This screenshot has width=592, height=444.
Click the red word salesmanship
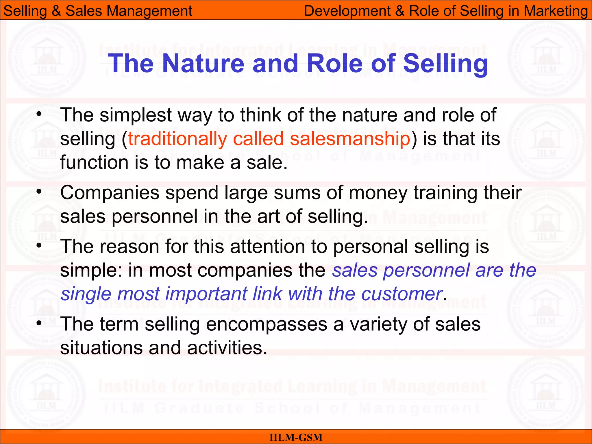(350, 139)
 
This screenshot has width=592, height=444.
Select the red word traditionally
(177, 139)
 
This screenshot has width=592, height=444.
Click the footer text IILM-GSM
(296, 437)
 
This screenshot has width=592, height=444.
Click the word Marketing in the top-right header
(556, 11)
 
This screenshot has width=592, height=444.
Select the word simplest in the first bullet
(136, 115)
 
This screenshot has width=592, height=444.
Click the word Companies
(110, 193)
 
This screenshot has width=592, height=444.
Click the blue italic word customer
(402, 294)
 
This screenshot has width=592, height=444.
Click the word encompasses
(267, 324)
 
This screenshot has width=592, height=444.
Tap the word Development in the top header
(347, 11)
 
